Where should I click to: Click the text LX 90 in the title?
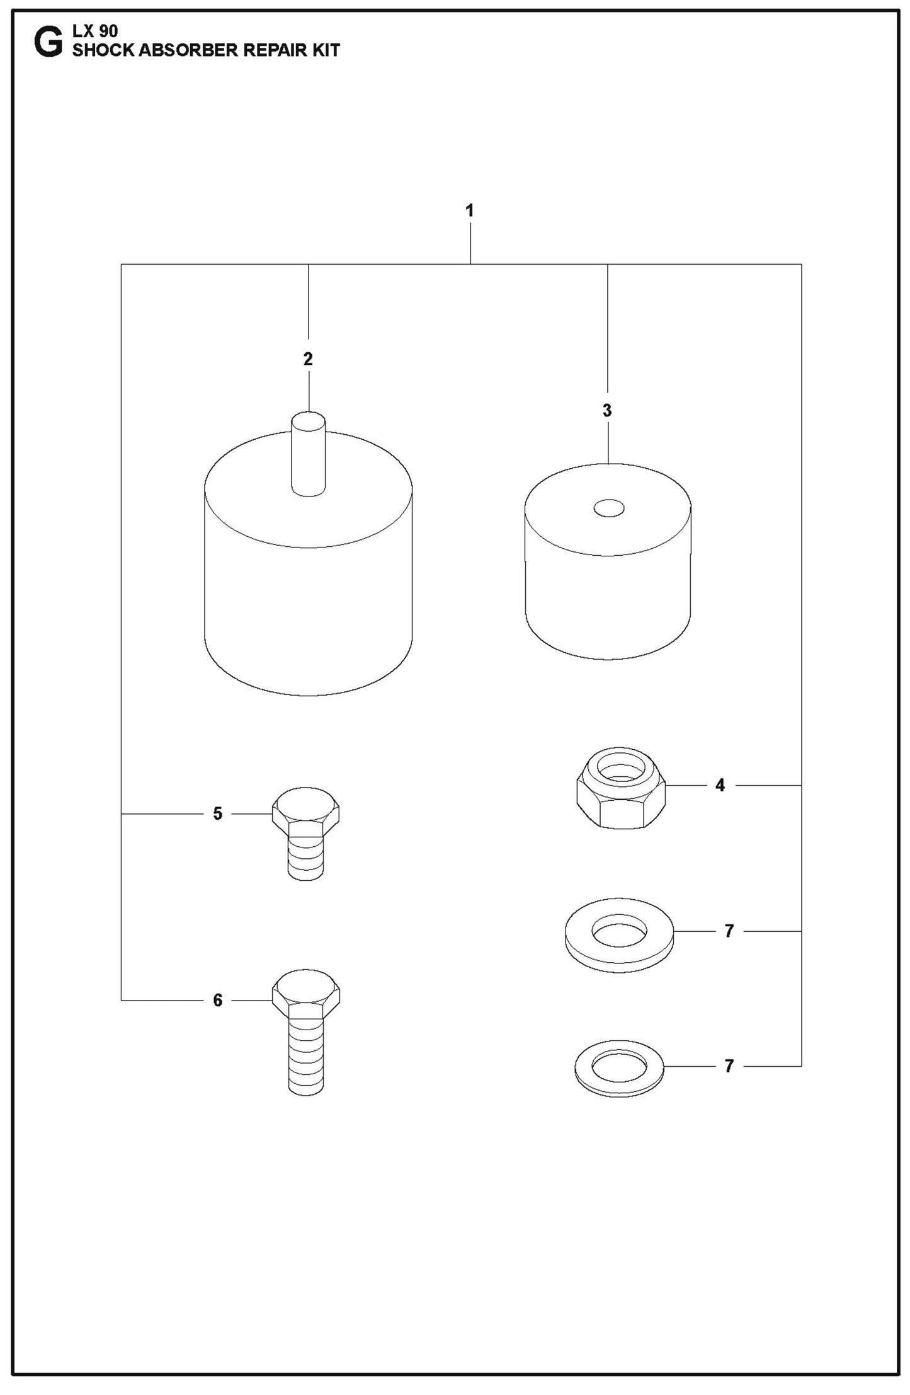tap(95, 32)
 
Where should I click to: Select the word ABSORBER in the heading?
tap(186, 50)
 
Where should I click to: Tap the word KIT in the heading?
tap(324, 50)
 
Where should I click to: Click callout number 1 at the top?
tap(469, 210)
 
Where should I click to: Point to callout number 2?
tap(308, 359)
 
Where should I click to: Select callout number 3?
tap(606, 411)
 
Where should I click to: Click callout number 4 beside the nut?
tap(720, 785)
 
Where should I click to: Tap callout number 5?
tap(217, 814)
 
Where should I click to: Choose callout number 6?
tap(217, 1001)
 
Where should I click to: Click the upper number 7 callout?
tap(729, 931)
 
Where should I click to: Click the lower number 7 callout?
tap(729, 1066)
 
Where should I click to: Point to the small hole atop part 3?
tap(608, 508)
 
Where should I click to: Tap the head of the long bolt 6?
tap(306, 996)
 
